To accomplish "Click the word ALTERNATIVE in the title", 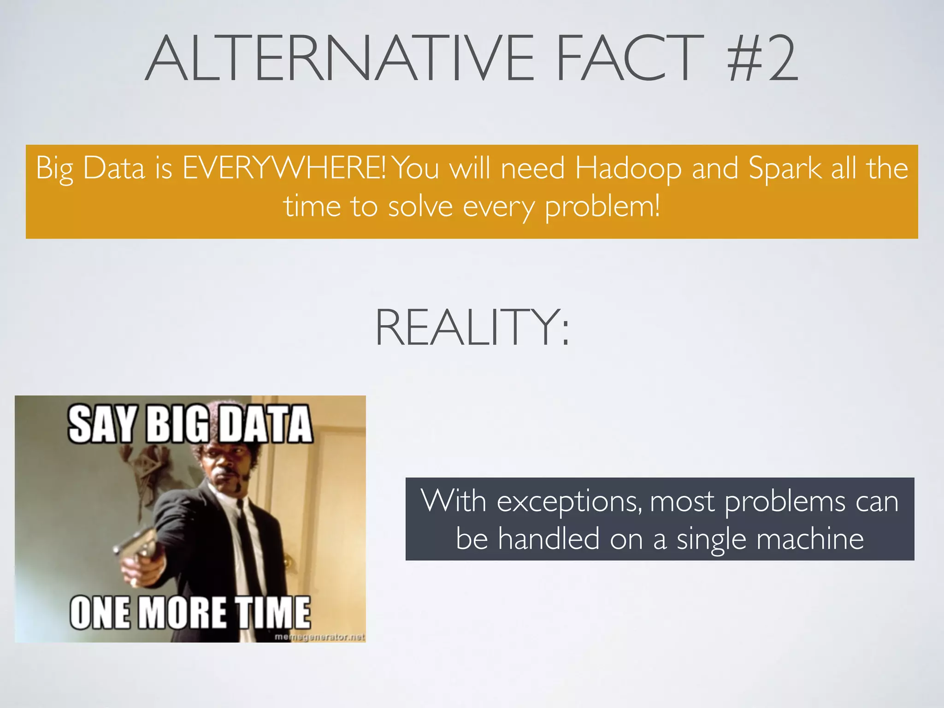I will (339, 59).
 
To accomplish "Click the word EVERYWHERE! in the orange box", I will (284, 168).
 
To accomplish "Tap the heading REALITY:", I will (472, 327).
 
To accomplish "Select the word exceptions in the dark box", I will (568, 501).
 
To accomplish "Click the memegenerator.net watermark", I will (319, 637).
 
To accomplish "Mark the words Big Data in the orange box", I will (90, 168).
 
